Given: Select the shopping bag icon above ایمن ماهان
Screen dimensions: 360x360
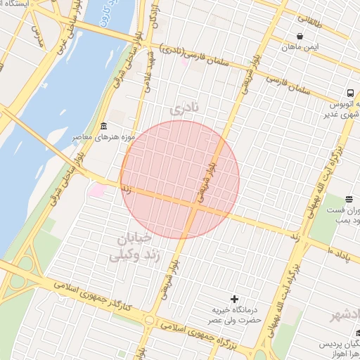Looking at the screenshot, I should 300,37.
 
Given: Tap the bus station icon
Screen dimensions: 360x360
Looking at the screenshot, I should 349,94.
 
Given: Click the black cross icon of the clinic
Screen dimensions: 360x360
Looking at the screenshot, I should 235,300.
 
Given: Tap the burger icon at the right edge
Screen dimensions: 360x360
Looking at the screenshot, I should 349,200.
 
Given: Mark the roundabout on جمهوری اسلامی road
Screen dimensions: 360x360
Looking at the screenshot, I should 148,320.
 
